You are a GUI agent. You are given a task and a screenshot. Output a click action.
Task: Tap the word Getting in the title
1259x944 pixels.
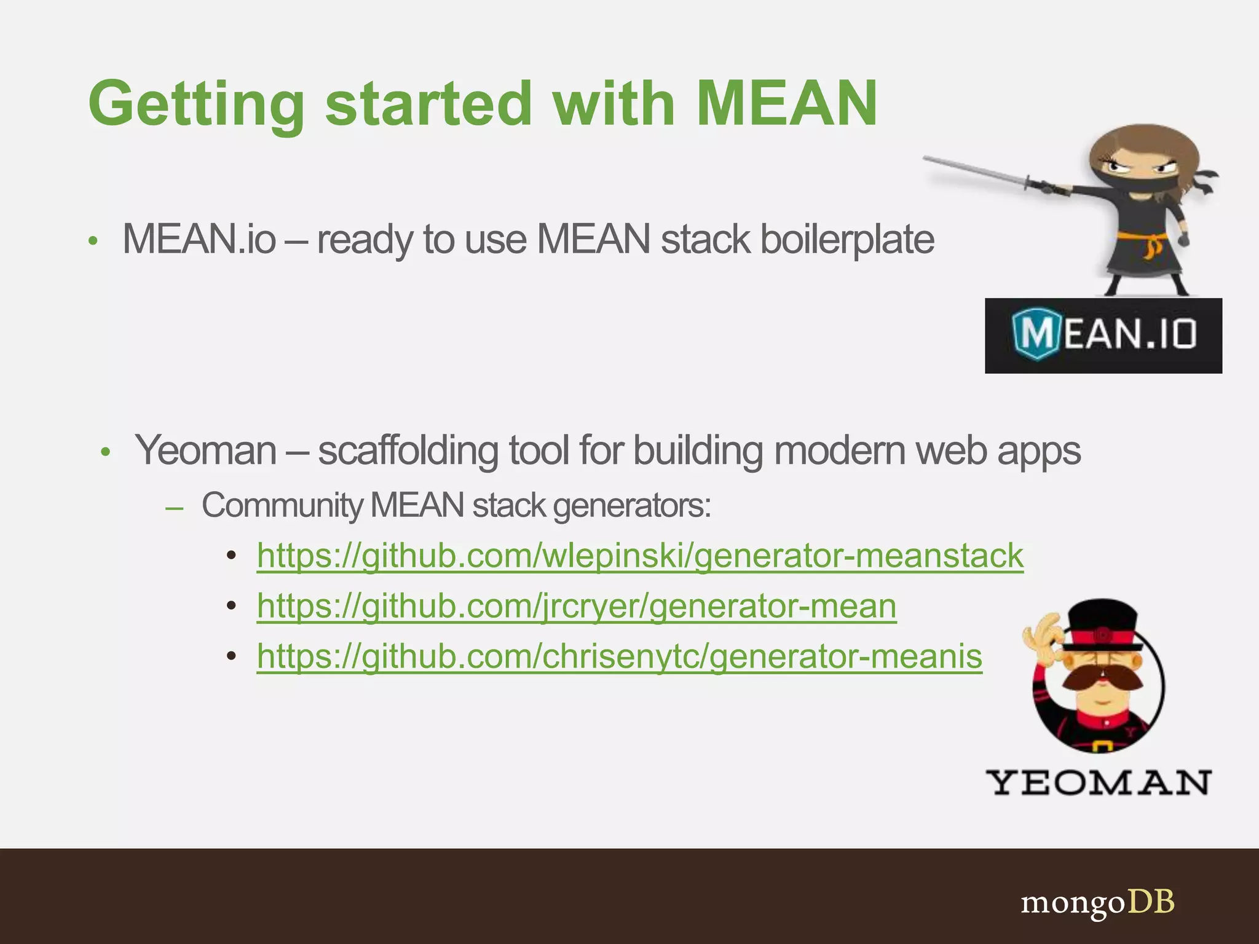[196, 104]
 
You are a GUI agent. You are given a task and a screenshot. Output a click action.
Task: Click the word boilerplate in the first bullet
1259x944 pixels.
[847, 240]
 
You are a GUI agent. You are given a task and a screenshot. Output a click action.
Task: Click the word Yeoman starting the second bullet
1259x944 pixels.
[206, 450]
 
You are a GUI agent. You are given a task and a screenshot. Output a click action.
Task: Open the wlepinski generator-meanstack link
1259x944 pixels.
[640, 556]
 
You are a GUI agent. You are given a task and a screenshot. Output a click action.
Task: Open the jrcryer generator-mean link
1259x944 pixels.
[576, 607]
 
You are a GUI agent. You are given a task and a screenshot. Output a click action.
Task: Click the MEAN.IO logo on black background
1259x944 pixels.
[1103, 336]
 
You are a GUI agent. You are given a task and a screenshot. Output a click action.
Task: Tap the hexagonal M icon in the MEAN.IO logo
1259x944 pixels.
[1036, 334]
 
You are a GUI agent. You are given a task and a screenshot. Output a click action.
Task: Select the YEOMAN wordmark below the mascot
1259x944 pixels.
[1098, 782]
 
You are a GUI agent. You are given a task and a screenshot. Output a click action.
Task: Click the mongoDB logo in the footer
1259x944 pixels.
[1097, 903]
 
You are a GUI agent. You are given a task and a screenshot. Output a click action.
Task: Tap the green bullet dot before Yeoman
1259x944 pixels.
[106, 453]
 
